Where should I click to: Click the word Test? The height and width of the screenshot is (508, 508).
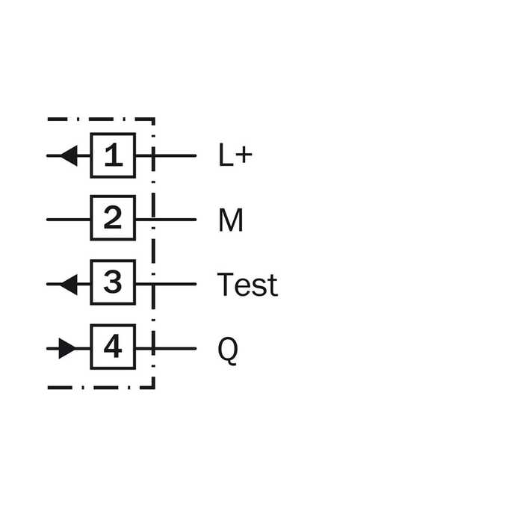pos(247,285)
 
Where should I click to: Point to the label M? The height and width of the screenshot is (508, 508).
pos(231,220)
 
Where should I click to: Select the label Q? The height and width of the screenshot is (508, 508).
pos(228,350)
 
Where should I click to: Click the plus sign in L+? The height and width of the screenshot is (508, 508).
pos(244,155)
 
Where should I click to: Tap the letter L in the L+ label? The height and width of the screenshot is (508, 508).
pos(226,155)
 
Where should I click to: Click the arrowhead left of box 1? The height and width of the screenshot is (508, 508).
pos(69,155)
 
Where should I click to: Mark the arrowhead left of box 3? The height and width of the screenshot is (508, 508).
pos(69,285)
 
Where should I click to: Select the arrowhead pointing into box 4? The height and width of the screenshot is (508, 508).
pos(67,349)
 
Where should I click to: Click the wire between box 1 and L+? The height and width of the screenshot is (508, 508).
pos(166,155)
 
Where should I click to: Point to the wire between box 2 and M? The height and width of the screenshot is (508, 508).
pos(166,220)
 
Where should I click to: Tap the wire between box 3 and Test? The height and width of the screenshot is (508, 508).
pos(166,284)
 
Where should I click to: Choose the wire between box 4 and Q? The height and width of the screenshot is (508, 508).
pos(166,349)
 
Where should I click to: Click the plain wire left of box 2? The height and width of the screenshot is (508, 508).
pos(69,220)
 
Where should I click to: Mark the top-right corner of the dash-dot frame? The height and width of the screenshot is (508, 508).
pos(154,120)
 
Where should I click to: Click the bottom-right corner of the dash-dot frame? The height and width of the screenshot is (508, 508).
pos(154,387)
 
